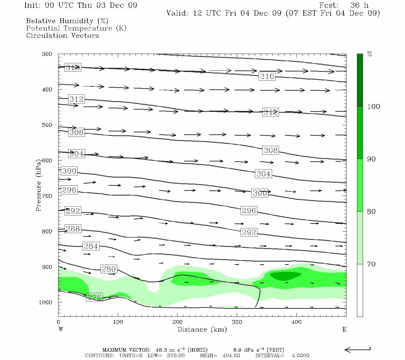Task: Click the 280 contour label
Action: (109, 269)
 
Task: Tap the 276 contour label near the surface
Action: (94, 297)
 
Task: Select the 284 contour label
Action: (91, 246)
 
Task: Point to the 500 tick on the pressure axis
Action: (47, 125)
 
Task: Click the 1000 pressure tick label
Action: (46, 302)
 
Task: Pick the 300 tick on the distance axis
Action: (237, 322)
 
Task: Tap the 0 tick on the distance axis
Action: (58, 322)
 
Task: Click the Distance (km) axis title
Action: (202, 329)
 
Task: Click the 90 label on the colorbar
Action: (371, 159)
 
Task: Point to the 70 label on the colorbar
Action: (371, 264)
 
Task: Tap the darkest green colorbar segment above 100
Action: (360, 80)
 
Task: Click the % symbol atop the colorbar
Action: (370, 54)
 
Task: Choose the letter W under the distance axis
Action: (61, 329)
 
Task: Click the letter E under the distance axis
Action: (344, 329)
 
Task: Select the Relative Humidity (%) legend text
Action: (67, 21)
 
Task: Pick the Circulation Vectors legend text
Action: (62, 35)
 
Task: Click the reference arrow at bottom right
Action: (358, 349)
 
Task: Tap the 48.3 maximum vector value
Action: (161, 350)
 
